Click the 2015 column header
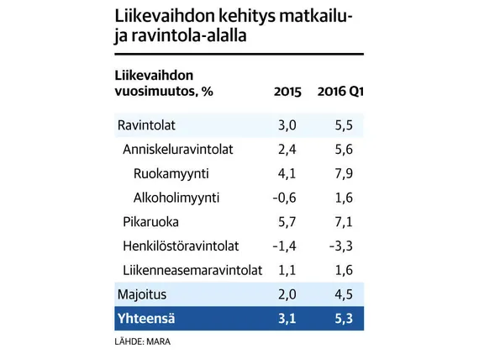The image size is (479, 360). coord(287,92)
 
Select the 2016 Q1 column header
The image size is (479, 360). coord(340,92)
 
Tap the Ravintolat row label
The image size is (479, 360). coord(146,125)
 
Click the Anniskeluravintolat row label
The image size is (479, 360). coord(178,149)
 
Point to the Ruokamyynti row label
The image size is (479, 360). coord(171,173)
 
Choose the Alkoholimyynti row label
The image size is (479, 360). coord(176,198)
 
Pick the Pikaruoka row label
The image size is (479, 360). coord(150,222)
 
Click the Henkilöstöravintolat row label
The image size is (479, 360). coord(181,246)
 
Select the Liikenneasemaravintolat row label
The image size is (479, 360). coord(192,270)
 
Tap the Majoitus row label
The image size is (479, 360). coord(142,294)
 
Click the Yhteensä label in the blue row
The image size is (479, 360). coord(146,319)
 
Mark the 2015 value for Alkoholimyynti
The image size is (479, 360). coord(284,198)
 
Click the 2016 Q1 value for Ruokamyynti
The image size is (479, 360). coord(344,174)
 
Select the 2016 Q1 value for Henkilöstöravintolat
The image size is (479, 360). coord(341,246)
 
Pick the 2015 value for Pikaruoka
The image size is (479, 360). coord(287,222)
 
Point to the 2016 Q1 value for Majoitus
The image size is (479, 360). coord(344,294)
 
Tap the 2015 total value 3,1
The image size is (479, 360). coord(287,319)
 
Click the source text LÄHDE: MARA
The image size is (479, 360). coord(143,341)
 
